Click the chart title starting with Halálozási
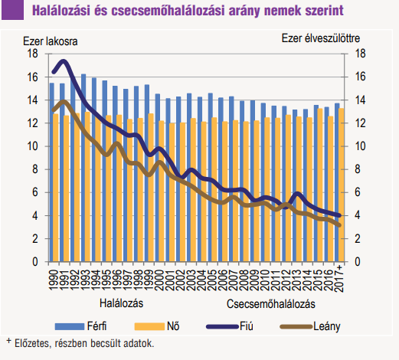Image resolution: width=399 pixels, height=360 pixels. pyautogui.click(x=188, y=11)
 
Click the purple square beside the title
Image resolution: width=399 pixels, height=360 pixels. pyautogui.click(x=12, y=10)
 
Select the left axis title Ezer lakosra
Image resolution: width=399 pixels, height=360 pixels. pyautogui.click(x=51, y=41)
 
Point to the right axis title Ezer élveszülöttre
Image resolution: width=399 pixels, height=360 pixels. pyautogui.click(x=321, y=38)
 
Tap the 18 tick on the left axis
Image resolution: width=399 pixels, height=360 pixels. pyautogui.click(x=32, y=54)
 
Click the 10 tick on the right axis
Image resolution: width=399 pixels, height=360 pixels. pyautogui.click(x=360, y=146)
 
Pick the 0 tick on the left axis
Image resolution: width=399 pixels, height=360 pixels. pyautogui.click(x=35, y=262)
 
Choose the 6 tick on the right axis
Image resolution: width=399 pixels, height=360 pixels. pyautogui.click(x=358, y=192)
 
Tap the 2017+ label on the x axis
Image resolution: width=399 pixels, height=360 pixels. pyautogui.click(x=338, y=278)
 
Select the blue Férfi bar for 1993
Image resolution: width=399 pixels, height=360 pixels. pyautogui.click(x=83, y=168)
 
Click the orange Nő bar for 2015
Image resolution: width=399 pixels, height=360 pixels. pyautogui.click(x=320, y=185)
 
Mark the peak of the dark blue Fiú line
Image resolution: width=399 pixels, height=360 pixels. pyautogui.click(x=63, y=61)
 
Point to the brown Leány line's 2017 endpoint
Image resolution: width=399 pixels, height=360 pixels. pyautogui.click(x=339, y=225)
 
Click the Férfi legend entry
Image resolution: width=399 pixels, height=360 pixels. pyautogui.click(x=80, y=326)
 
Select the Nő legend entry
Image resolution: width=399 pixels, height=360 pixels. pyautogui.click(x=157, y=326)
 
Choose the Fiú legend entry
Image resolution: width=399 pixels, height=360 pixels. pyautogui.click(x=230, y=326)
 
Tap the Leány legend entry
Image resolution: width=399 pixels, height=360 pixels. pyautogui.click(x=310, y=326)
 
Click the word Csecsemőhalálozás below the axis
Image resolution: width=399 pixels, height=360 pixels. pyautogui.click(x=271, y=304)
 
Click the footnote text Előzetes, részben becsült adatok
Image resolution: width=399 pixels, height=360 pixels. pyautogui.click(x=84, y=343)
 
